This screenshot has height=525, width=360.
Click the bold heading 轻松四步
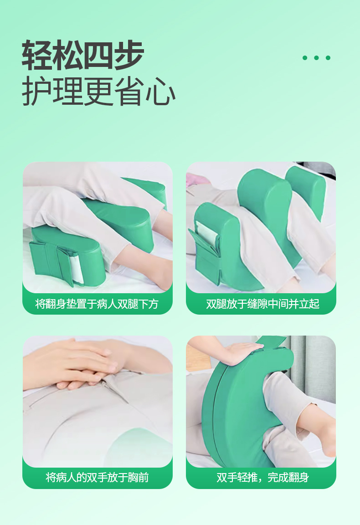point(83,56)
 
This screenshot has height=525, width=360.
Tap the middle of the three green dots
point(316,58)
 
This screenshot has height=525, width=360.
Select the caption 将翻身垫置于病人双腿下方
point(97,304)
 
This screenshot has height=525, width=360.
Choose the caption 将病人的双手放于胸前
point(97,477)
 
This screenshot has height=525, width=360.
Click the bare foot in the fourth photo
point(324,433)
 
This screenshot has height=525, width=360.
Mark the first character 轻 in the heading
point(37,56)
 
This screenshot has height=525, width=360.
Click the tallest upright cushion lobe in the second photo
point(264,200)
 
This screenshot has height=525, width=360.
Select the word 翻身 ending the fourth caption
point(299,477)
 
